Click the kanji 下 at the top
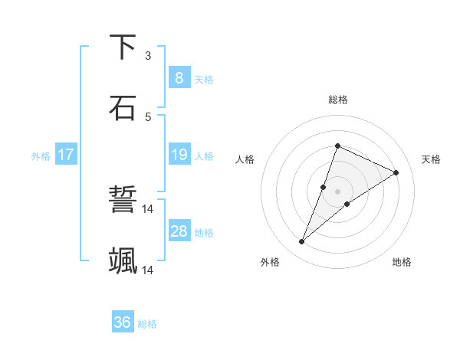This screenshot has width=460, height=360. tap(123, 47)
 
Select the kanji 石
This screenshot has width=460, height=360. tap(123, 107)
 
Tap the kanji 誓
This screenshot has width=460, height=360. tap(123, 201)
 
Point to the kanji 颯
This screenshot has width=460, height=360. tap(123, 260)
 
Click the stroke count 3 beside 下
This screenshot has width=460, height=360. tap(148, 55)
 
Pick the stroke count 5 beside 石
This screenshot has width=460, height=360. tap(148, 116)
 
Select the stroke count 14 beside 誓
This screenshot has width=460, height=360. tap(148, 208)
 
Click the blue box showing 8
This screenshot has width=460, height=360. tap(179, 77)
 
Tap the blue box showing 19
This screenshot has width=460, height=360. tap(179, 155)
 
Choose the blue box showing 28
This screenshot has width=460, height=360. tap(179, 231)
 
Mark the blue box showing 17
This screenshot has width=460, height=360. tap(65, 155)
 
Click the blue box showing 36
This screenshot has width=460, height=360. tap(122, 322)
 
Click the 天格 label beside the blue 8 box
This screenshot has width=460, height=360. tap(204, 79)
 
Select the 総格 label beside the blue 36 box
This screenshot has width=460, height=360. tap(147, 324)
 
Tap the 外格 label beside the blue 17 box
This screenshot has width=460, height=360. tap(41, 156)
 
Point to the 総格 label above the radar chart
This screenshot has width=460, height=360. tap(337, 100)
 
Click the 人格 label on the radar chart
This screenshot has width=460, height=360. tap(245, 159)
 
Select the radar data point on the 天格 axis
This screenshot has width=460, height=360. tap(396, 172)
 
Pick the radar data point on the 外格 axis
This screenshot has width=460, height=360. tap(301, 242)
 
